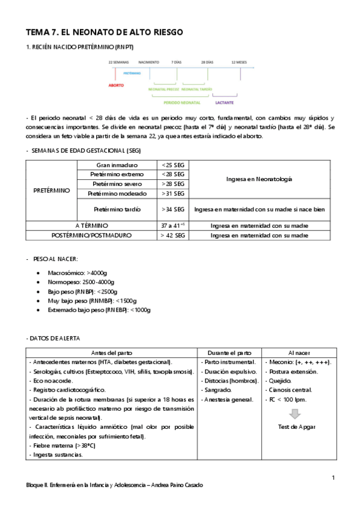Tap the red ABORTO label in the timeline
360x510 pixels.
click(x=116, y=85)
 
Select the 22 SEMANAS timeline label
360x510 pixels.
click(x=118, y=62)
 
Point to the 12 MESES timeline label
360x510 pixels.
click(x=239, y=62)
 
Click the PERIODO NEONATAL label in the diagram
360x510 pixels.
click(x=182, y=103)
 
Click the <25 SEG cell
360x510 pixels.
click(x=174, y=165)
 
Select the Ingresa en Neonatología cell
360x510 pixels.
click(x=260, y=179)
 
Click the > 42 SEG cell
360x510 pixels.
click(x=174, y=236)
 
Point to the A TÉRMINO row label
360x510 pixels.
click(x=91, y=225)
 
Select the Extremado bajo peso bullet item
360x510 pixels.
click(x=99, y=310)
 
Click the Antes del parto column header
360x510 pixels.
click(x=112, y=352)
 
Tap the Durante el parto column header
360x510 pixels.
click(x=230, y=352)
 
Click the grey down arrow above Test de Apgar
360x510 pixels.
click(x=294, y=414)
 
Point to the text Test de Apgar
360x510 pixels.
click(x=294, y=427)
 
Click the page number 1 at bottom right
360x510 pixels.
click(x=332, y=478)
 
